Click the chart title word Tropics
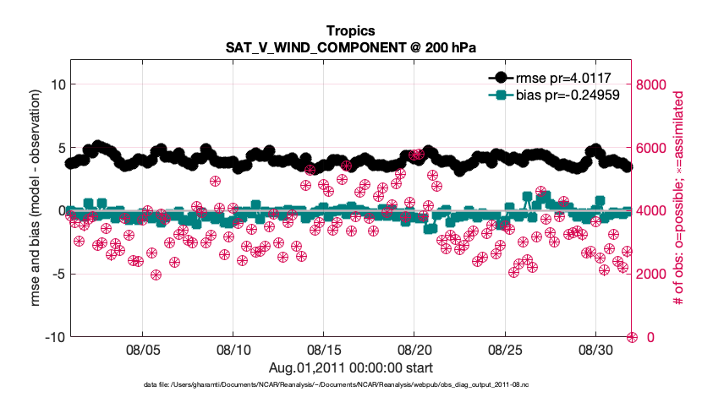(351, 31)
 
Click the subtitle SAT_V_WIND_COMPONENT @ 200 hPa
(351, 47)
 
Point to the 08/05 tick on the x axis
(142, 350)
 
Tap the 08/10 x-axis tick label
(233, 350)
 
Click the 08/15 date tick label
(323, 350)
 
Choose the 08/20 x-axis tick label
(414, 350)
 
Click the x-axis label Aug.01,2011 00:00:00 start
(351, 367)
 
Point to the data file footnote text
(351, 384)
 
